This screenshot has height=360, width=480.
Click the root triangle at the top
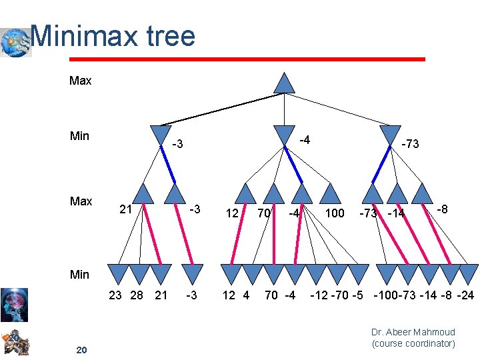pyautogui.click(x=285, y=82)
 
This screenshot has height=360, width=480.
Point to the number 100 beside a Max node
pyautogui.click(x=334, y=213)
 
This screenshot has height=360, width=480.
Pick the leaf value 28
pyautogui.click(x=137, y=295)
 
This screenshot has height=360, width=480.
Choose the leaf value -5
pyautogui.click(x=355, y=295)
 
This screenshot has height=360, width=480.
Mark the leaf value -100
pyautogui.click(x=386, y=295)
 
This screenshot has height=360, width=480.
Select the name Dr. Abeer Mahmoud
pyautogui.click(x=413, y=332)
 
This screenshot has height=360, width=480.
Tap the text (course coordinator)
pyautogui.click(x=413, y=343)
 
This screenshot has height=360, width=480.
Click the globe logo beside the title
pyautogui.click(x=15, y=41)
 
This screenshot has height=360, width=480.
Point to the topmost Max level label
pyautogui.click(x=81, y=81)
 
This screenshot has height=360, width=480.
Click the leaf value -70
pyautogui.click(x=335, y=295)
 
